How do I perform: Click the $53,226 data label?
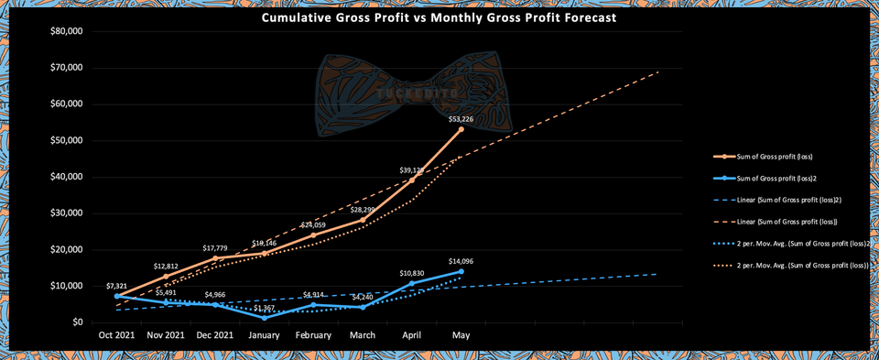point(461,118)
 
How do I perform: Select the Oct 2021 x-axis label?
point(116,336)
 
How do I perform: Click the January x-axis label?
point(264,336)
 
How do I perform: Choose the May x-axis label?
point(461,336)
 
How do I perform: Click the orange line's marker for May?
point(461,129)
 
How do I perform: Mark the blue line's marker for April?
point(411,283)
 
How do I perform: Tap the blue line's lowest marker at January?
point(264,318)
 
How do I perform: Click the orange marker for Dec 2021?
point(215,258)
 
